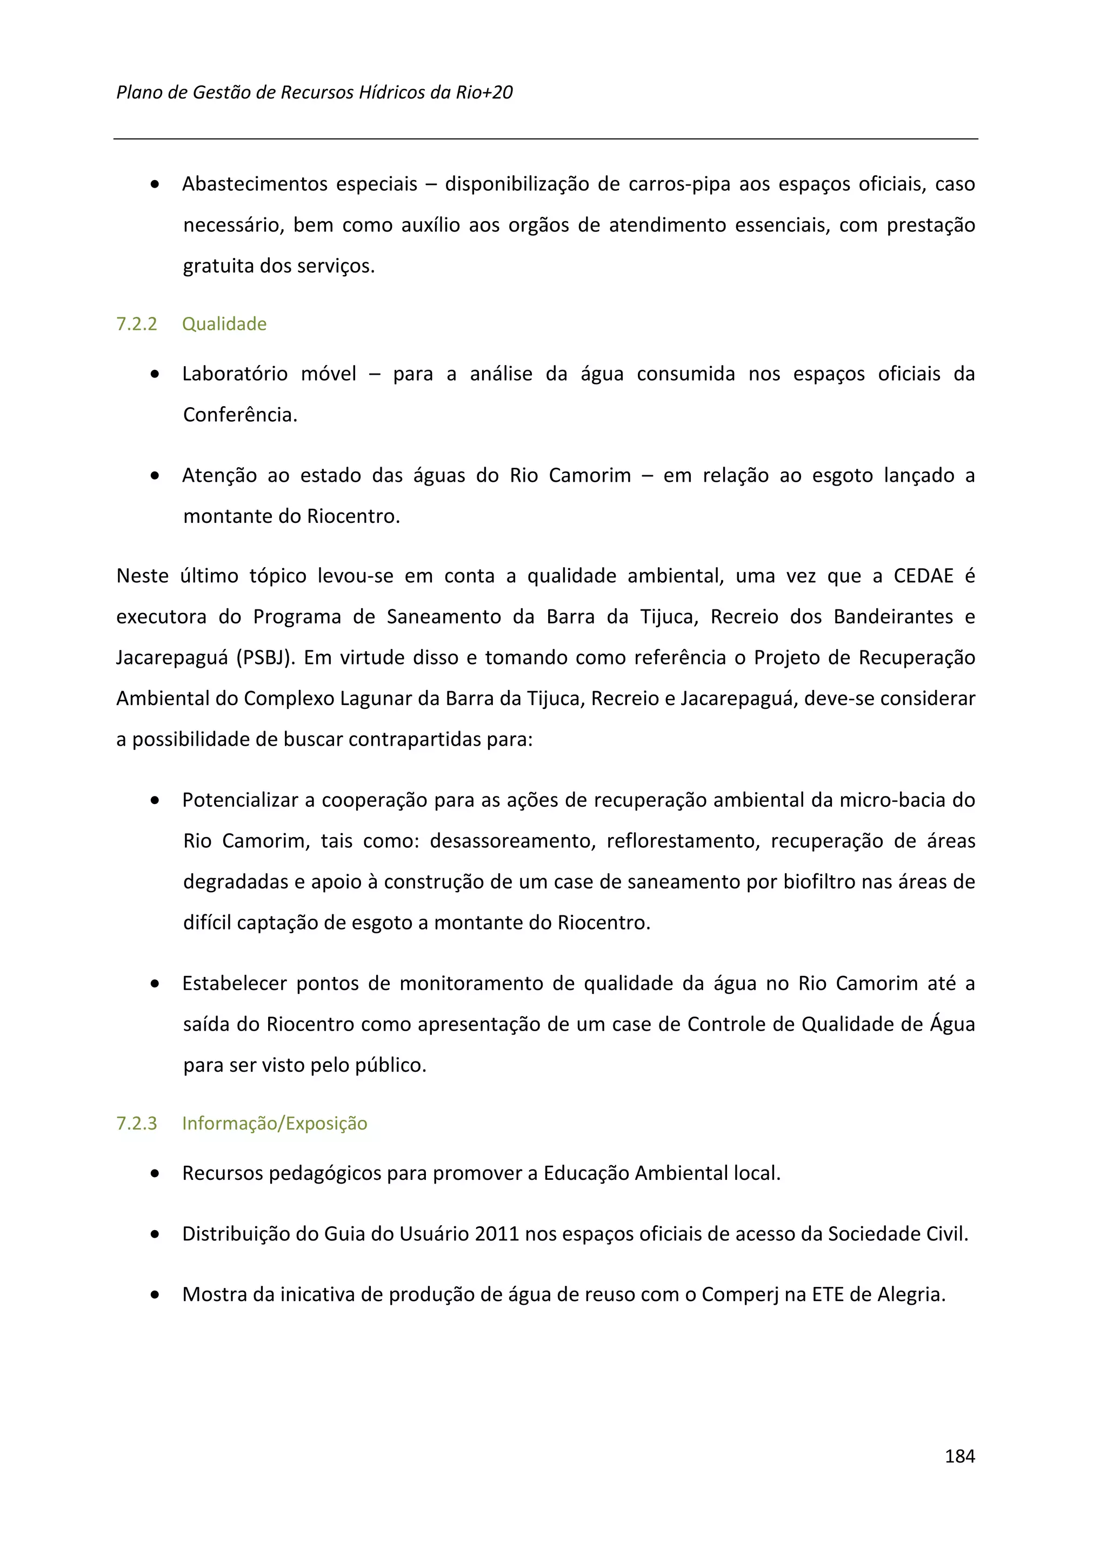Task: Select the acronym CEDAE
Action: coord(923,576)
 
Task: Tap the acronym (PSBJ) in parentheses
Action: coord(266,657)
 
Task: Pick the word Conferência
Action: coord(240,415)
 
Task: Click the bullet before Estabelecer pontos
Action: coord(156,984)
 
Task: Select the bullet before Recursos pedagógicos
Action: coord(156,1174)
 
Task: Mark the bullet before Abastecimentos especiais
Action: coord(156,185)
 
